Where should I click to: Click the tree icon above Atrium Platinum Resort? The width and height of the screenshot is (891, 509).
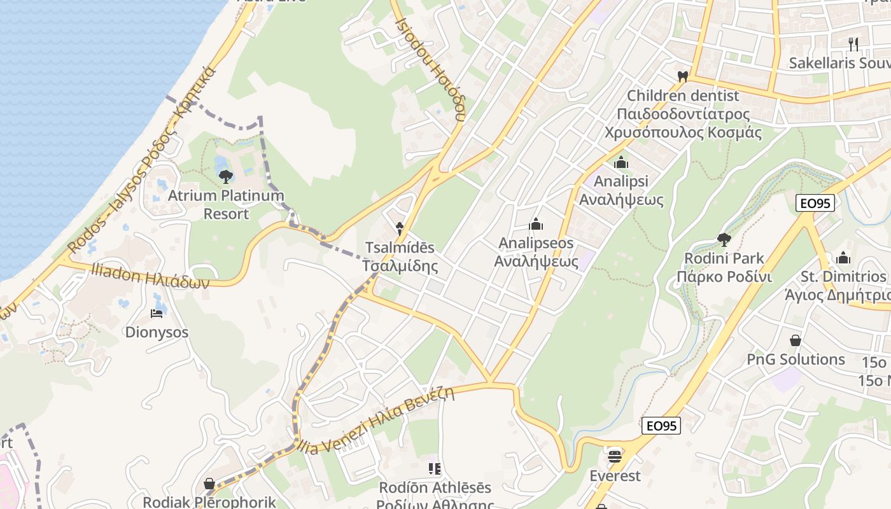[225, 176]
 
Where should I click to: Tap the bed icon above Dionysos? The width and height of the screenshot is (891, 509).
[157, 313]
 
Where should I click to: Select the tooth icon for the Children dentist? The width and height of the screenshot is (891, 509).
[683, 76]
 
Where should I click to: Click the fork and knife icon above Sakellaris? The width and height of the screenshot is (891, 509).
[853, 44]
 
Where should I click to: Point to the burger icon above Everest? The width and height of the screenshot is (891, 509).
[614, 456]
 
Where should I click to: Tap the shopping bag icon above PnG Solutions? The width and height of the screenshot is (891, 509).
[795, 340]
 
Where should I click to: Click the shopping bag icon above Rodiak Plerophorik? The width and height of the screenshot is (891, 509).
[209, 484]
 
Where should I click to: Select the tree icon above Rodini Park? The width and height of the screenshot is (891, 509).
[724, 239]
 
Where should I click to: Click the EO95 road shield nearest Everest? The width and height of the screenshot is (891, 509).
[661, 426]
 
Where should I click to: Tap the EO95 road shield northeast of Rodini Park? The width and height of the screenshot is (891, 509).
[815, 203]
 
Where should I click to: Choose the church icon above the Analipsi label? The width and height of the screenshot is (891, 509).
[621, 163]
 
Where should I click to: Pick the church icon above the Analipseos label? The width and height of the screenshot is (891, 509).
[536, 224]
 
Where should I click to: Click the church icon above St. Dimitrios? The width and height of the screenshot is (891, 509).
[843, 258]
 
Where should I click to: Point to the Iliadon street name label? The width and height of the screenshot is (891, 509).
[150, 277]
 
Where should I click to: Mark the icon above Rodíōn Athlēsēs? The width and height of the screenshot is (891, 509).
[435, 469]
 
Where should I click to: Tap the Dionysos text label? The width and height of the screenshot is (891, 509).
[157, 332]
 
